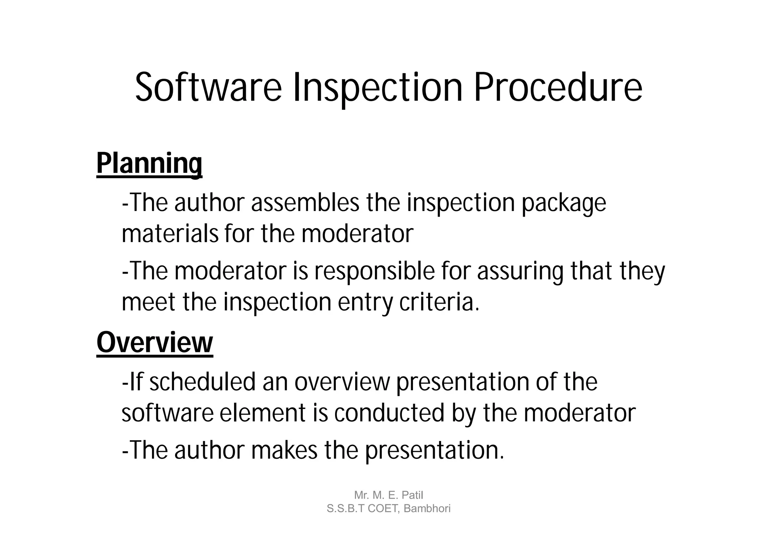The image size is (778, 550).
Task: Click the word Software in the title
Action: coord(209,88)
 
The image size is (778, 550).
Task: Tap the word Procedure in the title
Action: coord(558,88)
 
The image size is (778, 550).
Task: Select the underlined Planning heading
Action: coord(149,163)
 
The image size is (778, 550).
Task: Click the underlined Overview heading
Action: coord(155,343)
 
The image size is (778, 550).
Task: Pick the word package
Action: coord(563,203)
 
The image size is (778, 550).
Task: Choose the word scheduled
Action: coord(202,382)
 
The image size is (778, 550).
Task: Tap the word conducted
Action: coord(389,413)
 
